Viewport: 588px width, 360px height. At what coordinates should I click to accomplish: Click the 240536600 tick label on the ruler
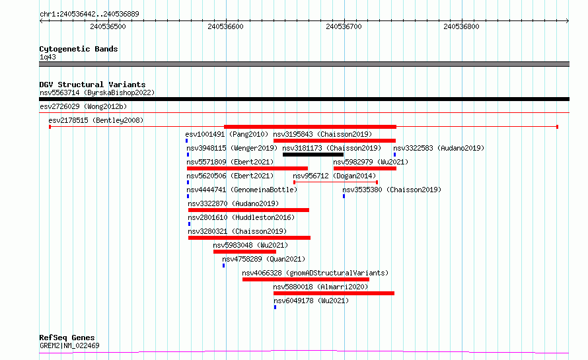[225, 26]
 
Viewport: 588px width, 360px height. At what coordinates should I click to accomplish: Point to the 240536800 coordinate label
[461, 26]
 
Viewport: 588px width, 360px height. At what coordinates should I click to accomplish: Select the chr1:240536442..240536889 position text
[89, 14]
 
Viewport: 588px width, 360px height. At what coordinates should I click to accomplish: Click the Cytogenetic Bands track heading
[79, 49]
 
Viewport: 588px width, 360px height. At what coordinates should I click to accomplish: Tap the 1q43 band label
[48, 57]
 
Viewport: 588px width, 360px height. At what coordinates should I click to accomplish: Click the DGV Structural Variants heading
[92, 85]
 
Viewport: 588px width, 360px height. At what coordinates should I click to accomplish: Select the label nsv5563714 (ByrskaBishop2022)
[97, 92]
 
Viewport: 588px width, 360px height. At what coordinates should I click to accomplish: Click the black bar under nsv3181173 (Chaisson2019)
[313, 155]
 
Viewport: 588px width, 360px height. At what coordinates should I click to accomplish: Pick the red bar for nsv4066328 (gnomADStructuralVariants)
[306, 279]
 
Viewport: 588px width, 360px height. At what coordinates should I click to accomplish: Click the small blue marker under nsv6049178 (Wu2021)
[275, 307]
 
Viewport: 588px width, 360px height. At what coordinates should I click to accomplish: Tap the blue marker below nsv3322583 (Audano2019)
[394, 155]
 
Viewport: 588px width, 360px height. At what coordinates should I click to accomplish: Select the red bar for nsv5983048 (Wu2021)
[244, 252]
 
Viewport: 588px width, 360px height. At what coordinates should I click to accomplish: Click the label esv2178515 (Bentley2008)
[96, 120]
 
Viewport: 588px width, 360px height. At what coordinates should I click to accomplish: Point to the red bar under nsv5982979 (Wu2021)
[365, 168]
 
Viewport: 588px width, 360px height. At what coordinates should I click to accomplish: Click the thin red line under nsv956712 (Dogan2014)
[336, 182]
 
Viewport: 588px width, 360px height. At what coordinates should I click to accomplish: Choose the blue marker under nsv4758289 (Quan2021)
[223, 266]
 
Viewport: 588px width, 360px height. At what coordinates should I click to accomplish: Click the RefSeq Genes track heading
[67, 338]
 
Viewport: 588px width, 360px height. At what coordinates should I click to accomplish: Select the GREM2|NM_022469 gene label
[69, 345]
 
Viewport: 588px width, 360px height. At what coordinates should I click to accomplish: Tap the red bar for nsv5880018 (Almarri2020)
[334, 293]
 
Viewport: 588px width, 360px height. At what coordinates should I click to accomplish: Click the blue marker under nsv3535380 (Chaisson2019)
[344, 196]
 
